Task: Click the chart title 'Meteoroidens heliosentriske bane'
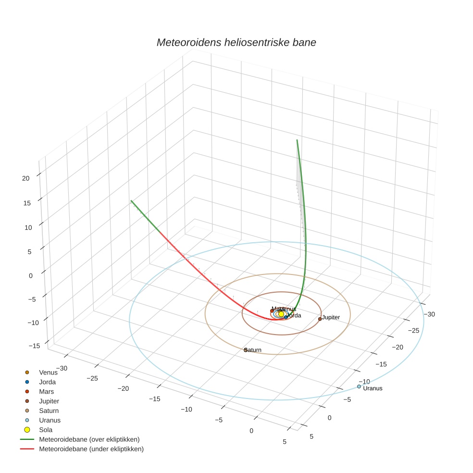pos(236,42)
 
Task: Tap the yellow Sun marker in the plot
pos(281,314)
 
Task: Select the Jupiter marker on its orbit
pos(320,319)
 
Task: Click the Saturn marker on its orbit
pos(246,350)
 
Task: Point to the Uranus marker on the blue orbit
pos(359,386)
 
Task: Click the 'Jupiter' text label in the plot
pos(331,318)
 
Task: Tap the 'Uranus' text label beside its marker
pos(373,388)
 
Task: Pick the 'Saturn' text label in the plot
pos(253,350)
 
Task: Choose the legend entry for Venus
pos(48,373)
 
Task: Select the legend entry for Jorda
pos(47,382)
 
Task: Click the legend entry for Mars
pos(46,392)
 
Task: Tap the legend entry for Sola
pos(46,430)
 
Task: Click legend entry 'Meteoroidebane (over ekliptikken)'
pos(89,439)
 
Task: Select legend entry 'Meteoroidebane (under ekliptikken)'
pos(91,449)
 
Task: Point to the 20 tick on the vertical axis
pos(25,178)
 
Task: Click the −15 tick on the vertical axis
pos(34,346)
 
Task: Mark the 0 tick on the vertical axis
pos(31,275)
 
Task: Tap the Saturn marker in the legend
pos(27,411)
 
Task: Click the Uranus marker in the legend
pos(27,420)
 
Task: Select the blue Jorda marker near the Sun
pos(286,317)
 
